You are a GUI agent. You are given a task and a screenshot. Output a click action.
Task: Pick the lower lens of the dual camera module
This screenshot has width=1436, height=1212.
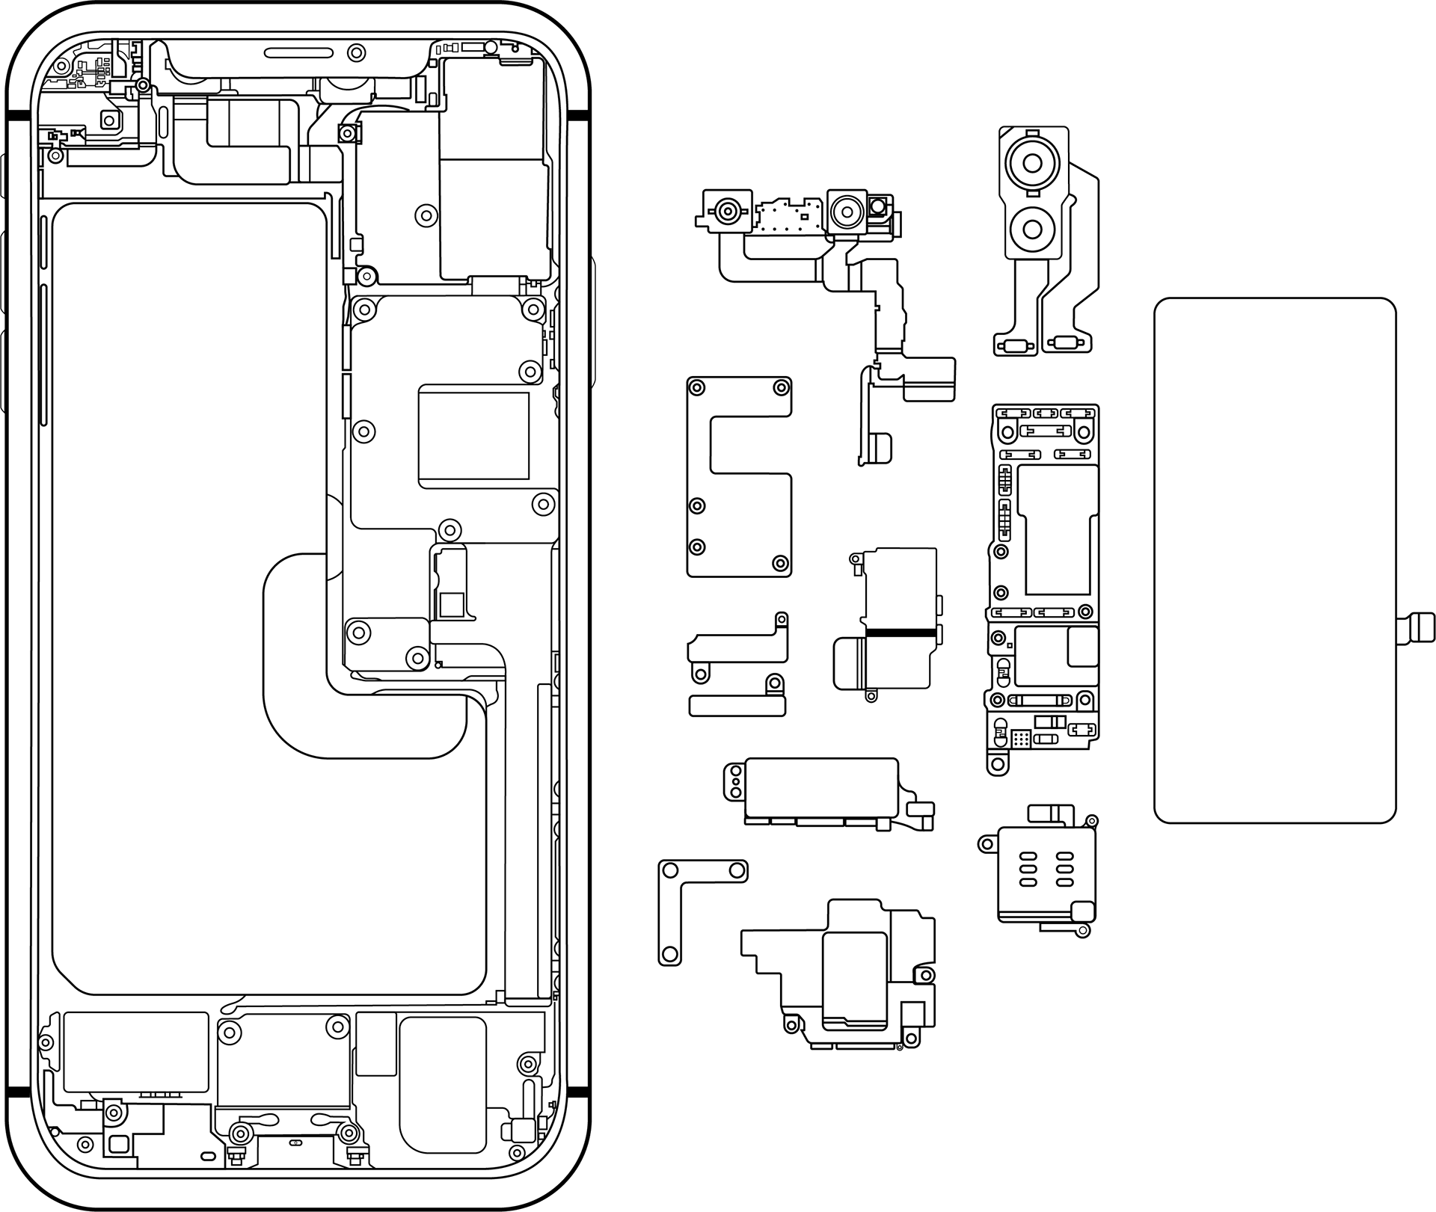(x=1033, y=227)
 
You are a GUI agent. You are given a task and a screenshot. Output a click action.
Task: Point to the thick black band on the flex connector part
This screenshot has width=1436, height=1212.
(x=900, y=633)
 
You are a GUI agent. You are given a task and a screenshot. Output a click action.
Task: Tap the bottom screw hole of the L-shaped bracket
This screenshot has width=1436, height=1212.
(x=669, y=954)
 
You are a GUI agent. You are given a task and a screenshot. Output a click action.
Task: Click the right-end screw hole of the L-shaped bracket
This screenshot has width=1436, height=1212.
(x=737, y=870)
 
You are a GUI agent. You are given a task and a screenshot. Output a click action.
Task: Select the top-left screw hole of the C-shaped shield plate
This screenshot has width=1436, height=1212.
(x=697, y=387)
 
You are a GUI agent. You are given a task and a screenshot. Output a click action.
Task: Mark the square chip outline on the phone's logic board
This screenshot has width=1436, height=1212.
(x=473, y=436)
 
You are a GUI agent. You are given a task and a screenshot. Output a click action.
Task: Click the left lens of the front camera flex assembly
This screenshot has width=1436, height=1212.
(x=727, y=211)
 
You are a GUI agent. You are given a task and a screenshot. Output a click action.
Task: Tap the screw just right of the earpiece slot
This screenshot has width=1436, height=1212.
(x=357, y=53)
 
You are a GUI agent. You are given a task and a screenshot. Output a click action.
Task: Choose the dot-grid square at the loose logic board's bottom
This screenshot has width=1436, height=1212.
(x=1021, y=739)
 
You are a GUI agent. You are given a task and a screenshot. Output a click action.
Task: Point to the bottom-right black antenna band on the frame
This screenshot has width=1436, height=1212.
(x=578, y=1092)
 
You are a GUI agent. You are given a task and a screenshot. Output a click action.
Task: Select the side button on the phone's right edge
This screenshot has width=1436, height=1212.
(x=593, y=322)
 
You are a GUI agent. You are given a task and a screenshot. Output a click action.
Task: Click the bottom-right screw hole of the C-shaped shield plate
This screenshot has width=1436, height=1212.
(x=780, y=563)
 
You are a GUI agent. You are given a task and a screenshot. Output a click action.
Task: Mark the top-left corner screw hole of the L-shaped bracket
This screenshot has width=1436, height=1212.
(x=670, y=870)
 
